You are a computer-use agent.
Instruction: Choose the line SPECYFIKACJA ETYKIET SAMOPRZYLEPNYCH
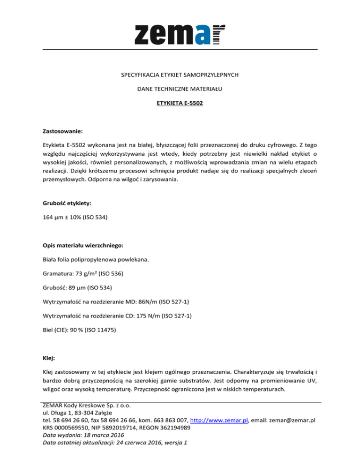[180, 75]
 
